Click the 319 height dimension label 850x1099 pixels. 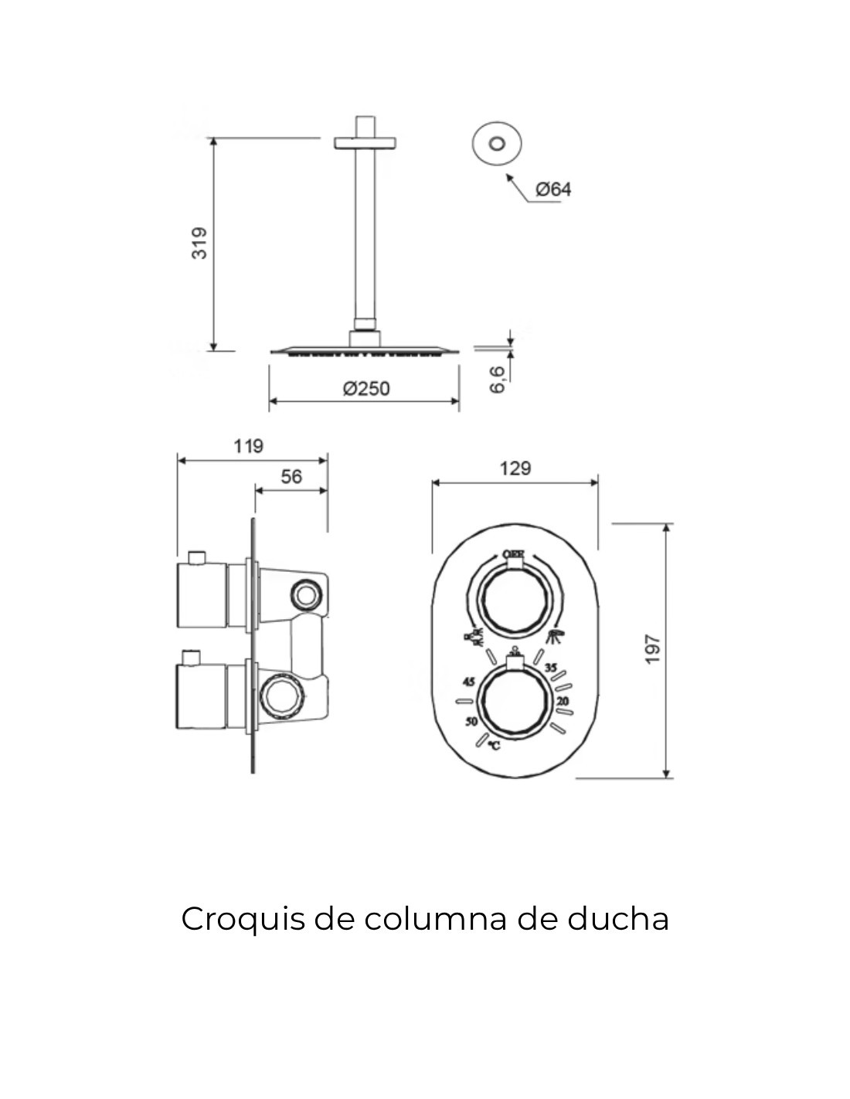[199, 243]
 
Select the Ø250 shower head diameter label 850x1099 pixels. [366, 389]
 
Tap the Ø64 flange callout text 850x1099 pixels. [553, 189]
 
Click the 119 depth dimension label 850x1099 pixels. [248, 446]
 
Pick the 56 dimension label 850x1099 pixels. [291, 477]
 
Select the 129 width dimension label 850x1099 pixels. [515, 468]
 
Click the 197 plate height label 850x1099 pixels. [653, 649]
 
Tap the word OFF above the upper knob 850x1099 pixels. [514, 554]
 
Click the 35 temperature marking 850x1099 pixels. [551, 667]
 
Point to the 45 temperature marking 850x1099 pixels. [467, 682]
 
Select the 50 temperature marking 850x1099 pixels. [471, 723]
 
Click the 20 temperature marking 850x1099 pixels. [563, 701]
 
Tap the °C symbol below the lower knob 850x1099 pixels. [493, 746]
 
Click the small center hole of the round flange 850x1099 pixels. [497, 143]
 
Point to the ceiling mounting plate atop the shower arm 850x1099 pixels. [365, 142]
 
